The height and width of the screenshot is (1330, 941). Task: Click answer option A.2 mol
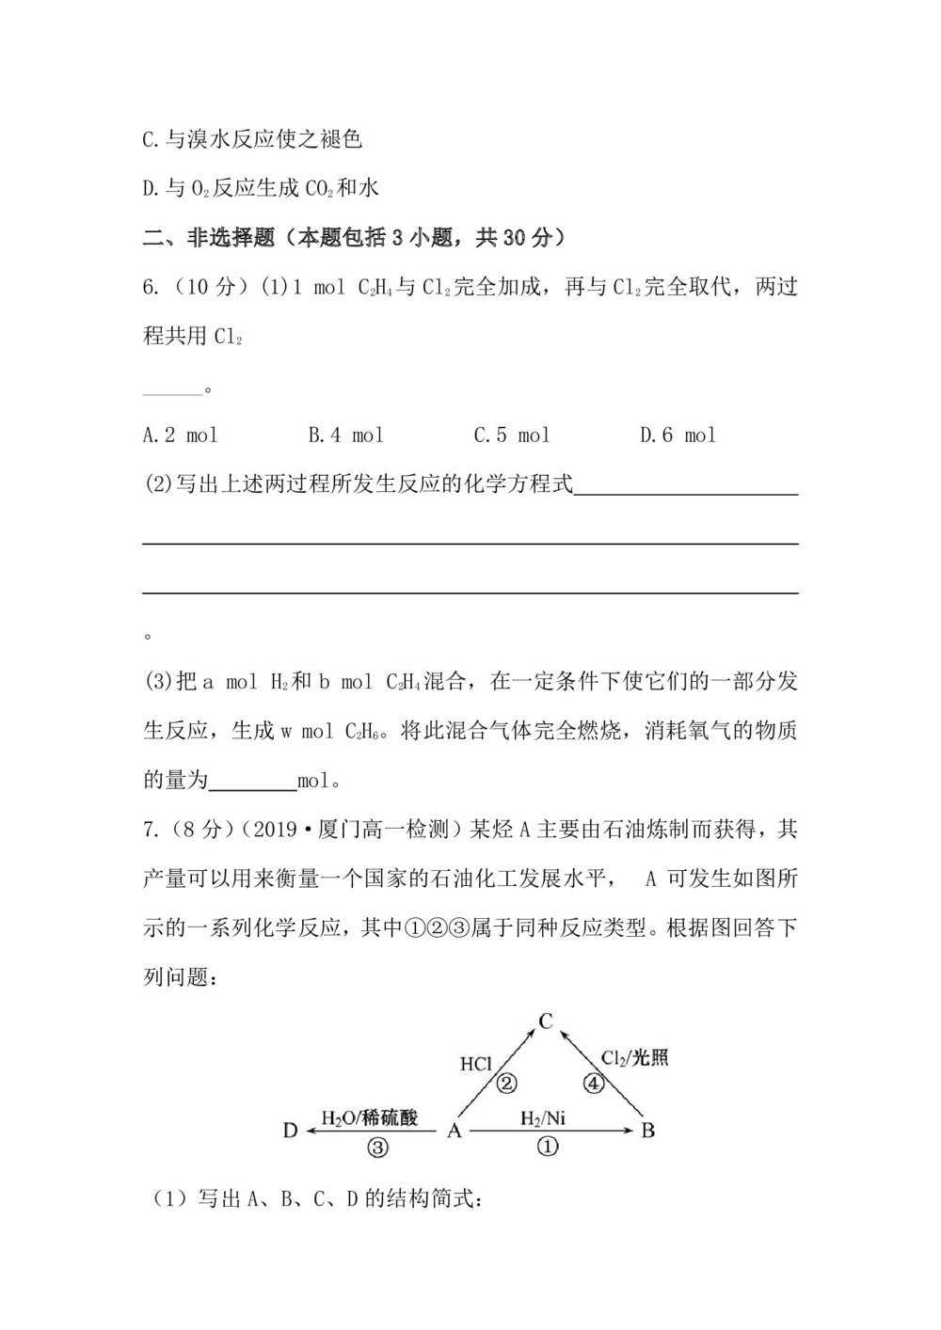click(180, 435)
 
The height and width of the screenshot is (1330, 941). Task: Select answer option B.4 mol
click(345, 435)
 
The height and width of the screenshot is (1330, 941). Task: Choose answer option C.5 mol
click(511, 435)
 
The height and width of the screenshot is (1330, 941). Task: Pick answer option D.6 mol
click(678, 435)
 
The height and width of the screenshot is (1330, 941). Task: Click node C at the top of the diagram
click(545, 1021)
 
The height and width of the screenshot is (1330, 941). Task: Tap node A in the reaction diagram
click(455, 1130)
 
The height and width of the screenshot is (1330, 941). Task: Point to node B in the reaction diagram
click(647, 1130)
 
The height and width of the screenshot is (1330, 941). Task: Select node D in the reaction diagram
click(290, 1130)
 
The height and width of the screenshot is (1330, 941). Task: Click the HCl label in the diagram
click(476, 1065)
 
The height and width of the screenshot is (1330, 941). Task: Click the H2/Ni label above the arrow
click(543, 1118)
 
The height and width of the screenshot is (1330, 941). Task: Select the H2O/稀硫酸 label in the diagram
click(370, 1118)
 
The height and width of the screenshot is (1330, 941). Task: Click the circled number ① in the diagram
click(548, 1147)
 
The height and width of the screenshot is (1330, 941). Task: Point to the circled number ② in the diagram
click(506, 1084)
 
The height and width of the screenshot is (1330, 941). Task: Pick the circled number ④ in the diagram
click(592, 1084)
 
